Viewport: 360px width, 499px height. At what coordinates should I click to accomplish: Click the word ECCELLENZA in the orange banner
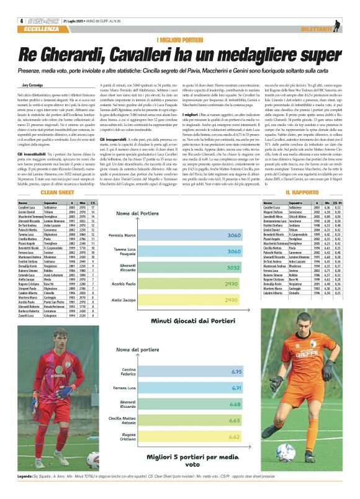click(47, 29)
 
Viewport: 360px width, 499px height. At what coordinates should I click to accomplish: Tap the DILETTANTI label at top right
click(317, 29)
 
